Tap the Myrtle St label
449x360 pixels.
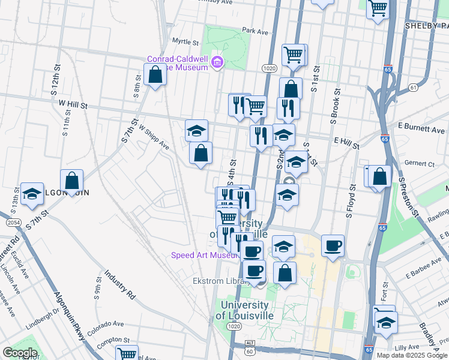185,43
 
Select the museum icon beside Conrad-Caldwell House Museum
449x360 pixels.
217,62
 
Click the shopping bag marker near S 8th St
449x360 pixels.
155,75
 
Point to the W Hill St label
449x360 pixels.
73,105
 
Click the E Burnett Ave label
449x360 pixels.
421,130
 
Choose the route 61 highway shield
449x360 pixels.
413,88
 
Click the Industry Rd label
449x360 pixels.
119,285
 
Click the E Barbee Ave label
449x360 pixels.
423,272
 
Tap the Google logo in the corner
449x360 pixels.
20,353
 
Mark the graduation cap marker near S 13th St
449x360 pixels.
32,194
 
